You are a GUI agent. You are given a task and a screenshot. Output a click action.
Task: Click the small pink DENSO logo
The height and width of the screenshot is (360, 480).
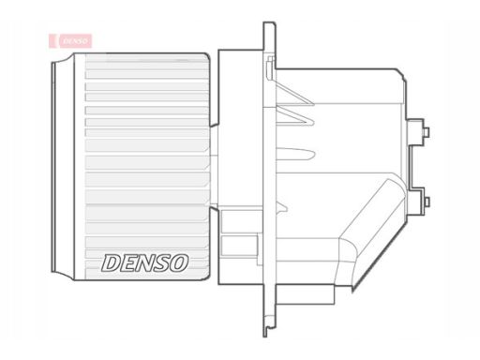pos(70,40)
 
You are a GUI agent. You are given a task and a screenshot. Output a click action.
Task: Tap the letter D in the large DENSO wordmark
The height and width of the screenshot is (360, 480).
pos(111,262)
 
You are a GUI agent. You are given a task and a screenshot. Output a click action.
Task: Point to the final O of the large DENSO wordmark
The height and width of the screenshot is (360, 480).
pos(179,262)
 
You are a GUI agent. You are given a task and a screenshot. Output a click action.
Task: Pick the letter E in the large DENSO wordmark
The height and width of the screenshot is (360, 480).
pos(128,262)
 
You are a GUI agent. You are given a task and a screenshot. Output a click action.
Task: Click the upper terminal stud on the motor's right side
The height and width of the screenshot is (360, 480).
pos(427,131)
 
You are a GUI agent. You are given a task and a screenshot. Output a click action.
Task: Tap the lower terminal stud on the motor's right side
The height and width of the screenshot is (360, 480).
pos(427,202)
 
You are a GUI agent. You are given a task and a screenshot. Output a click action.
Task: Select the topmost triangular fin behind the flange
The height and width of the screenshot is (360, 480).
pos(294,93)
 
